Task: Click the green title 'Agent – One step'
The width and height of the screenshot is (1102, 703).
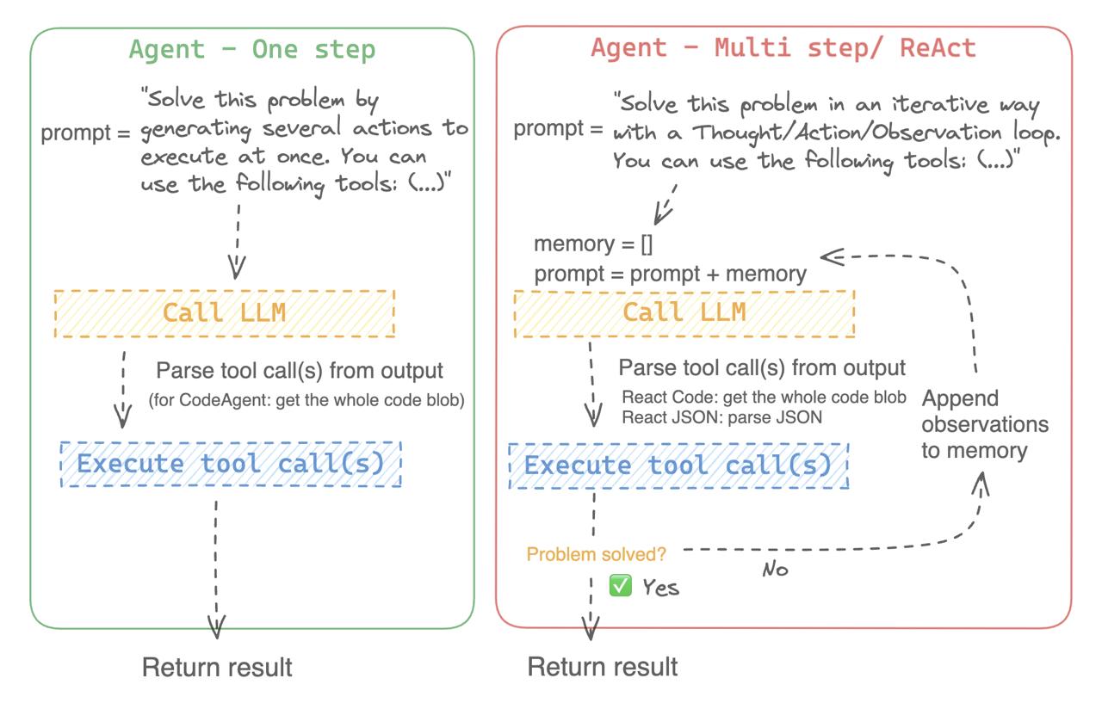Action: click(x=252, y=50)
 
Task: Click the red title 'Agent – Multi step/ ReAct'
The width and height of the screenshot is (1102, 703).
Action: click(x=783, y=48)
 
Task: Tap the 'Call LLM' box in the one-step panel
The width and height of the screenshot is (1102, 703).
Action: click(x=225, y=314)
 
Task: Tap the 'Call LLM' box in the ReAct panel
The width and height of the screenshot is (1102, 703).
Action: click(x=684, y=313)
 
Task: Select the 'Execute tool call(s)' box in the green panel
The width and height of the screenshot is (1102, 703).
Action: click(x=231, y=464)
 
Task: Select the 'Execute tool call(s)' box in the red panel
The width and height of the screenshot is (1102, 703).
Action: click(x=679, y=466)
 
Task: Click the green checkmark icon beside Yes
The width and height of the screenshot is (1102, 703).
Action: click(x=620, y=585)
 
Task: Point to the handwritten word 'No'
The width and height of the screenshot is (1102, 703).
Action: click(x=776, y=570)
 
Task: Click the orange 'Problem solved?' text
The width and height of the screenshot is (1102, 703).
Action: click(x=596, y=554)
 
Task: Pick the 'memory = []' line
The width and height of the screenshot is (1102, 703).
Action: click(x=593, y=244)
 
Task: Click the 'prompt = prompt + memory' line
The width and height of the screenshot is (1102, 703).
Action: click(x=670, y=274)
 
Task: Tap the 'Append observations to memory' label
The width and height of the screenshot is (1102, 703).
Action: click(x=985, y=424)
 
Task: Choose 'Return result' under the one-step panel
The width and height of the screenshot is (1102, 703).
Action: click(x=217, y=667)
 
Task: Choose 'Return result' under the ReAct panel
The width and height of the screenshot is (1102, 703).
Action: click(x=603, y=667)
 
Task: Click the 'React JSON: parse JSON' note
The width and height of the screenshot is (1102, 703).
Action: click(x=721, y=417)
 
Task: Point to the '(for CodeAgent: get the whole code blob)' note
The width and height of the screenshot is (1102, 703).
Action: click(x=306, y=400)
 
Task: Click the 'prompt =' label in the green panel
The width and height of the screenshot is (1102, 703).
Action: click(x=85, y=133)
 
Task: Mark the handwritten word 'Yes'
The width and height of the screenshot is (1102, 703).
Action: click(x=660, y=588)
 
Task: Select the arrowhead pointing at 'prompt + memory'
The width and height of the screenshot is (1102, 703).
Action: click(x=832, y=256)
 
